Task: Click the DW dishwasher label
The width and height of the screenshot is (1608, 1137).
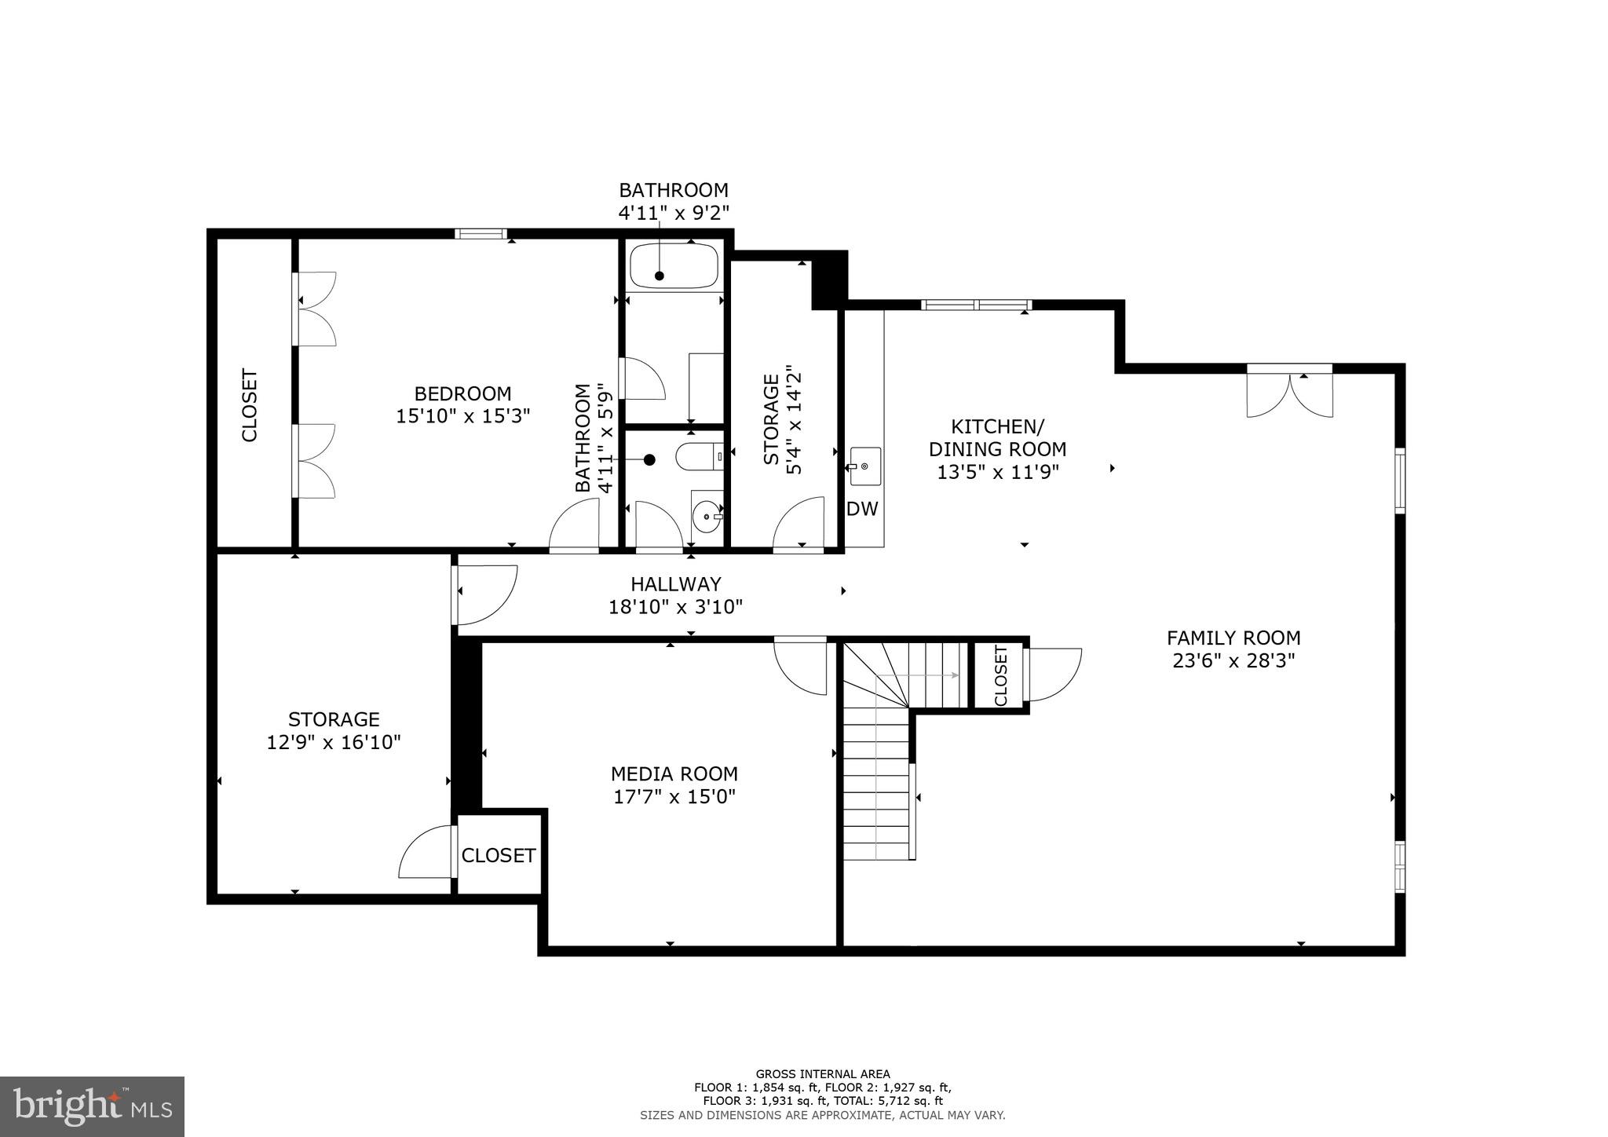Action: [862, 510]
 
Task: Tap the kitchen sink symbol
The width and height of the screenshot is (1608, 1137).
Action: [864, 466]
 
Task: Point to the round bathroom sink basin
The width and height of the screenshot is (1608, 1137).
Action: [708, 516]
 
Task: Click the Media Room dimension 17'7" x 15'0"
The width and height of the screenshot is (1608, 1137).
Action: [674, 797]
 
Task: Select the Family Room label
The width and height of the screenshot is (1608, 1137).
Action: [1233, 638]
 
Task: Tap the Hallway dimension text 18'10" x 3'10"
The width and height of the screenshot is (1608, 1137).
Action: [675, 607]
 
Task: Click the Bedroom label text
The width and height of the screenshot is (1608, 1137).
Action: [462, 393]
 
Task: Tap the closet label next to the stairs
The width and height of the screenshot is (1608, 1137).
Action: [1000, 676]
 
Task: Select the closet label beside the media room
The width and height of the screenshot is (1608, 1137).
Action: [499, 855]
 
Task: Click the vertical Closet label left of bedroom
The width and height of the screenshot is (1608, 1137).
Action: [250, 405]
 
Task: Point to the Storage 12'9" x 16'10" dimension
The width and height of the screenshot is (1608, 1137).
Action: [334, 742]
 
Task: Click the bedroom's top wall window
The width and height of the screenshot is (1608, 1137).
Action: [481, 233]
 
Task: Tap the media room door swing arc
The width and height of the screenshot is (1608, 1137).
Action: [801, 667]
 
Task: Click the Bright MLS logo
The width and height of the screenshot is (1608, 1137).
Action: [93, 1106]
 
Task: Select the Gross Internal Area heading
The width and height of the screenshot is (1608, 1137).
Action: [822, 1074]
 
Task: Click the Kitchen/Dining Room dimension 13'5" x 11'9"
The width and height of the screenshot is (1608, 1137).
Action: [997, 472]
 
